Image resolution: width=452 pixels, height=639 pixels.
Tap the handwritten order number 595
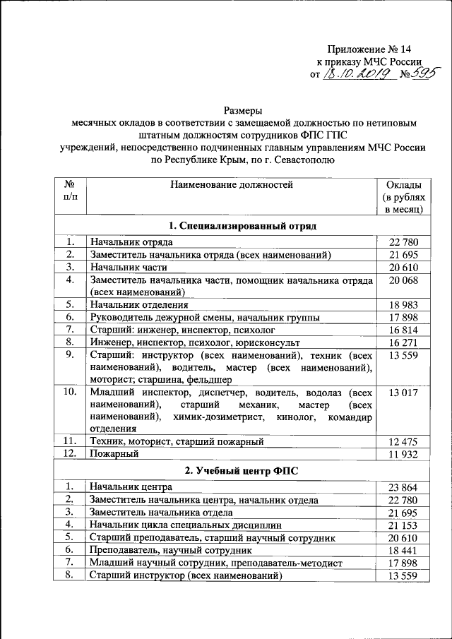coord(417,72)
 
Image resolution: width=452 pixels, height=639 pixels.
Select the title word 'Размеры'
coord(243,110)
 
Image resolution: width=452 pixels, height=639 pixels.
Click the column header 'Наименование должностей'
coord(230,185)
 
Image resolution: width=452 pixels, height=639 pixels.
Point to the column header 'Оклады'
coord(403,185)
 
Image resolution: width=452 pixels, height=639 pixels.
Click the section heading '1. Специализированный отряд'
coord(243,226)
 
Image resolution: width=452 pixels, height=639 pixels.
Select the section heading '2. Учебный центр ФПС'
coord(243,471)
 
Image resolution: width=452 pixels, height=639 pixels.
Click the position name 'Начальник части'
coord(128,268)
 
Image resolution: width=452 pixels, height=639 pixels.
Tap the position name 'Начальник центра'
coord(131,487)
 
